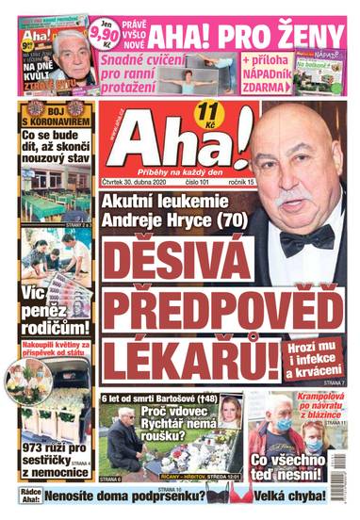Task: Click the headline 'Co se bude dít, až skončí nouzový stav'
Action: click(56, 150)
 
